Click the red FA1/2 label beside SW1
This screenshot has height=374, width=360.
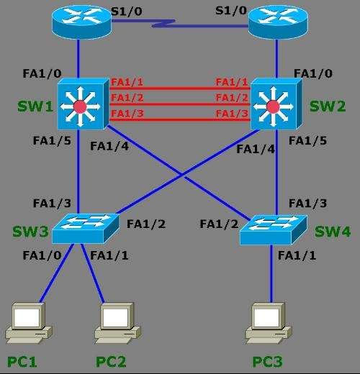point(127,99)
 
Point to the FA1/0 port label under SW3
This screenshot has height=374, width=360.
point(41,255)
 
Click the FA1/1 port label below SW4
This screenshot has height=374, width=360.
point(297,255)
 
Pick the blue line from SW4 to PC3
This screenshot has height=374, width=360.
point(272,277)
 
